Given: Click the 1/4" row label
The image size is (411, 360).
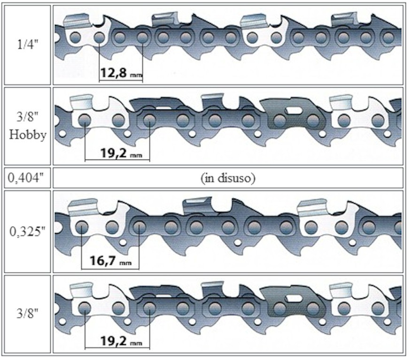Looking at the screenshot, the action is coord(28,45).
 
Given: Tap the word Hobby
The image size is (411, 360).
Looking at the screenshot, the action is coord(28,135).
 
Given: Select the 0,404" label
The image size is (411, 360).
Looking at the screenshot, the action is coord(26,178).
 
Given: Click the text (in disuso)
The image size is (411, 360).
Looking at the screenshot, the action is coord(228,178).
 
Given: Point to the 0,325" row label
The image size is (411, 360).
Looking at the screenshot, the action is coord(28,231).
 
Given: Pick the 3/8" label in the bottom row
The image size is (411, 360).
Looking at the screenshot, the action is coord(28,313).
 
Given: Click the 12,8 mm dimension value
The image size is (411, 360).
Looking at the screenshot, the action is coord(121,73).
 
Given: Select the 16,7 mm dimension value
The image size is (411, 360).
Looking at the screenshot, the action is coord(110,260).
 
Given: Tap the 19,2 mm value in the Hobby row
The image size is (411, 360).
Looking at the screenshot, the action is coord(121,153).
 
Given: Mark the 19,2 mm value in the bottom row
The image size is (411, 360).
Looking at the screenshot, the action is coord(121,341).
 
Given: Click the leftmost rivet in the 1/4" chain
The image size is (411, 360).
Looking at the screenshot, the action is coord(76,38).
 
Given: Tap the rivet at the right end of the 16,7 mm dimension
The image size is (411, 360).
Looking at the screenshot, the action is coord(139,227).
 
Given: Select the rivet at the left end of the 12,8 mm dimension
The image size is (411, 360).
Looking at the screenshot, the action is coord(99,38).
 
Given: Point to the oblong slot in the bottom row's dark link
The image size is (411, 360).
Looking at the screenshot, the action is coord(294,298).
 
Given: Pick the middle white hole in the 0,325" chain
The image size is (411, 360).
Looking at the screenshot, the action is coord(238,243).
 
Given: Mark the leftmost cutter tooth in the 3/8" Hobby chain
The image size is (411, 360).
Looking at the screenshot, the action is coord(82,102).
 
